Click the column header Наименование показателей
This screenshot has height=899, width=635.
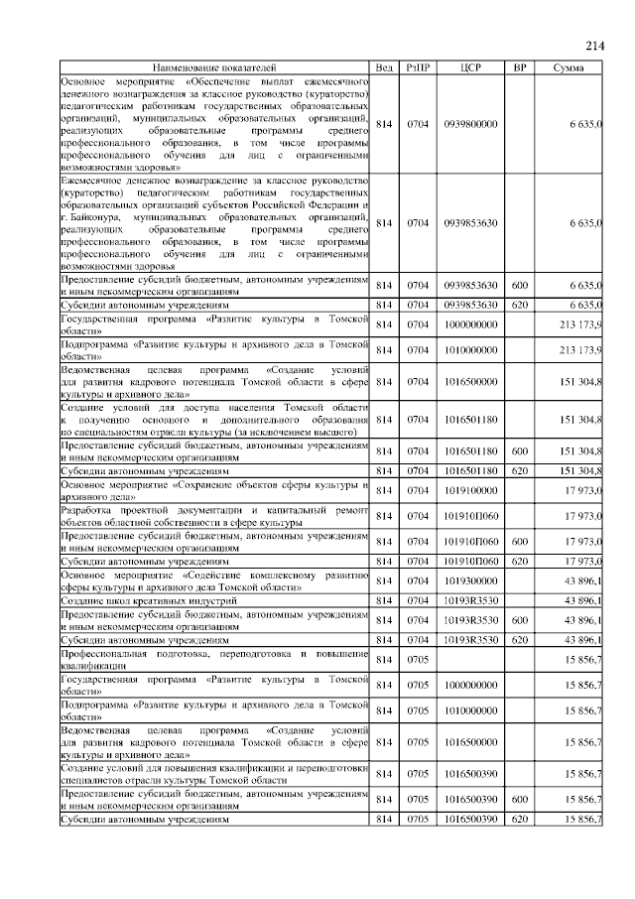[x=215, y=67]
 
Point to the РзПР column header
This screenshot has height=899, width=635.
[x=418, y=67]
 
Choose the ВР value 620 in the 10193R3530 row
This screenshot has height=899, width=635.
[x=518, y=640]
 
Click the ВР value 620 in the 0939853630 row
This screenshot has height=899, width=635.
[x=518, y=305]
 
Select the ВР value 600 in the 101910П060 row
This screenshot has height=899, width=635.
[x=518, y=543]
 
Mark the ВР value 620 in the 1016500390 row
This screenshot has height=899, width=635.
[x=518, y=821]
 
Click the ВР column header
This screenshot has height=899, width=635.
[x=518, y=67]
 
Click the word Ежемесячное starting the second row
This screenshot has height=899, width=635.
[x=94, y=181]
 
